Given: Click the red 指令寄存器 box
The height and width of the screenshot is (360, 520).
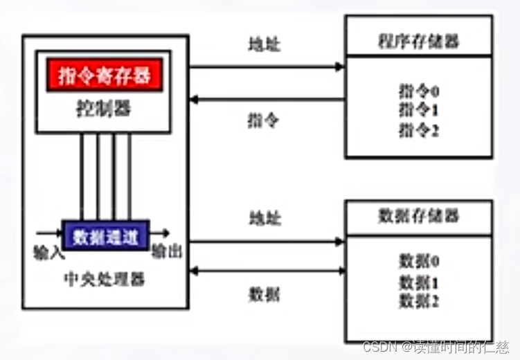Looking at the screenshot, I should pos(105,75).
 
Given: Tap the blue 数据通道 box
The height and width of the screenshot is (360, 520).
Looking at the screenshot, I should pos(105,236).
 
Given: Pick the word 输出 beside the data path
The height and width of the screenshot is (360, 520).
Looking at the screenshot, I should pos(167,252).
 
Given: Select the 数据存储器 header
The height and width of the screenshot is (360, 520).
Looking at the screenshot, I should pos(420,215).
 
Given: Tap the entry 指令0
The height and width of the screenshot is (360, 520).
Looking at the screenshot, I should pos(420,91).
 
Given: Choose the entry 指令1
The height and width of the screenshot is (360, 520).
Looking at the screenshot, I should pos(420,109).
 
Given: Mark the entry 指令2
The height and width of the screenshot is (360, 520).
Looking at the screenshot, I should pos(420,129).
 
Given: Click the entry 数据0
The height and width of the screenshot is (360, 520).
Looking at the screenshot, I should pos(420,262).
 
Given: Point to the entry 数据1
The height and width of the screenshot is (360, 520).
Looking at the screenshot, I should pos(420,282).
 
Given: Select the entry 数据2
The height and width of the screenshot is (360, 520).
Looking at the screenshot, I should pos(420,301).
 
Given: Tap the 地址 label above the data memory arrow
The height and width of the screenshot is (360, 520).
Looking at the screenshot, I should pos(265,218).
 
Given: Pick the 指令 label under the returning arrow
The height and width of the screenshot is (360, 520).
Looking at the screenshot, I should pos(264,120).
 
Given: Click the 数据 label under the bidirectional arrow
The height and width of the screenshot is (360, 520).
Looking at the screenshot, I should pos(264,294).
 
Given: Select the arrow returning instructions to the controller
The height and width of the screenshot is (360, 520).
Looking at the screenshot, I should pos(267,100).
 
